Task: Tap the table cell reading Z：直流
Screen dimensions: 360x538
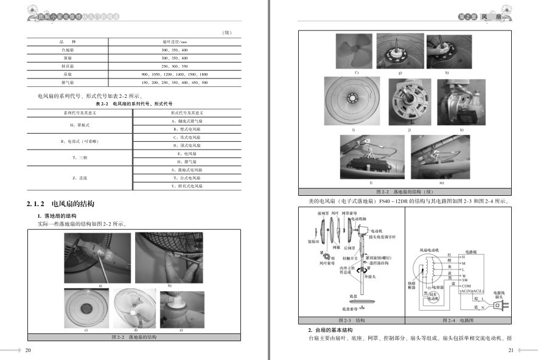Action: [80, 178]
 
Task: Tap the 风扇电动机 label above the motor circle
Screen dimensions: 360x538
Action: [430, 251]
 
